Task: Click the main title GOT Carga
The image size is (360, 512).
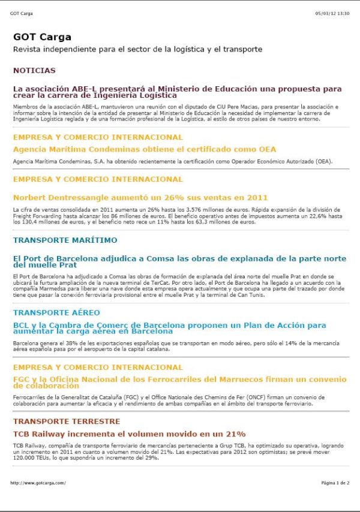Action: (42, 37)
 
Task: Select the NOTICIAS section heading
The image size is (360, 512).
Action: (34, 70)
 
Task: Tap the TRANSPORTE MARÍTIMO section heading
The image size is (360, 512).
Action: (65, 240)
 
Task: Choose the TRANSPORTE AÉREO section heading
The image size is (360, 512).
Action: (56, 312)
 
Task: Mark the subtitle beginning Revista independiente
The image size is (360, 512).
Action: (137, 49)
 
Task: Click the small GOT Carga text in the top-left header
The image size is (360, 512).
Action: (22, 13)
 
